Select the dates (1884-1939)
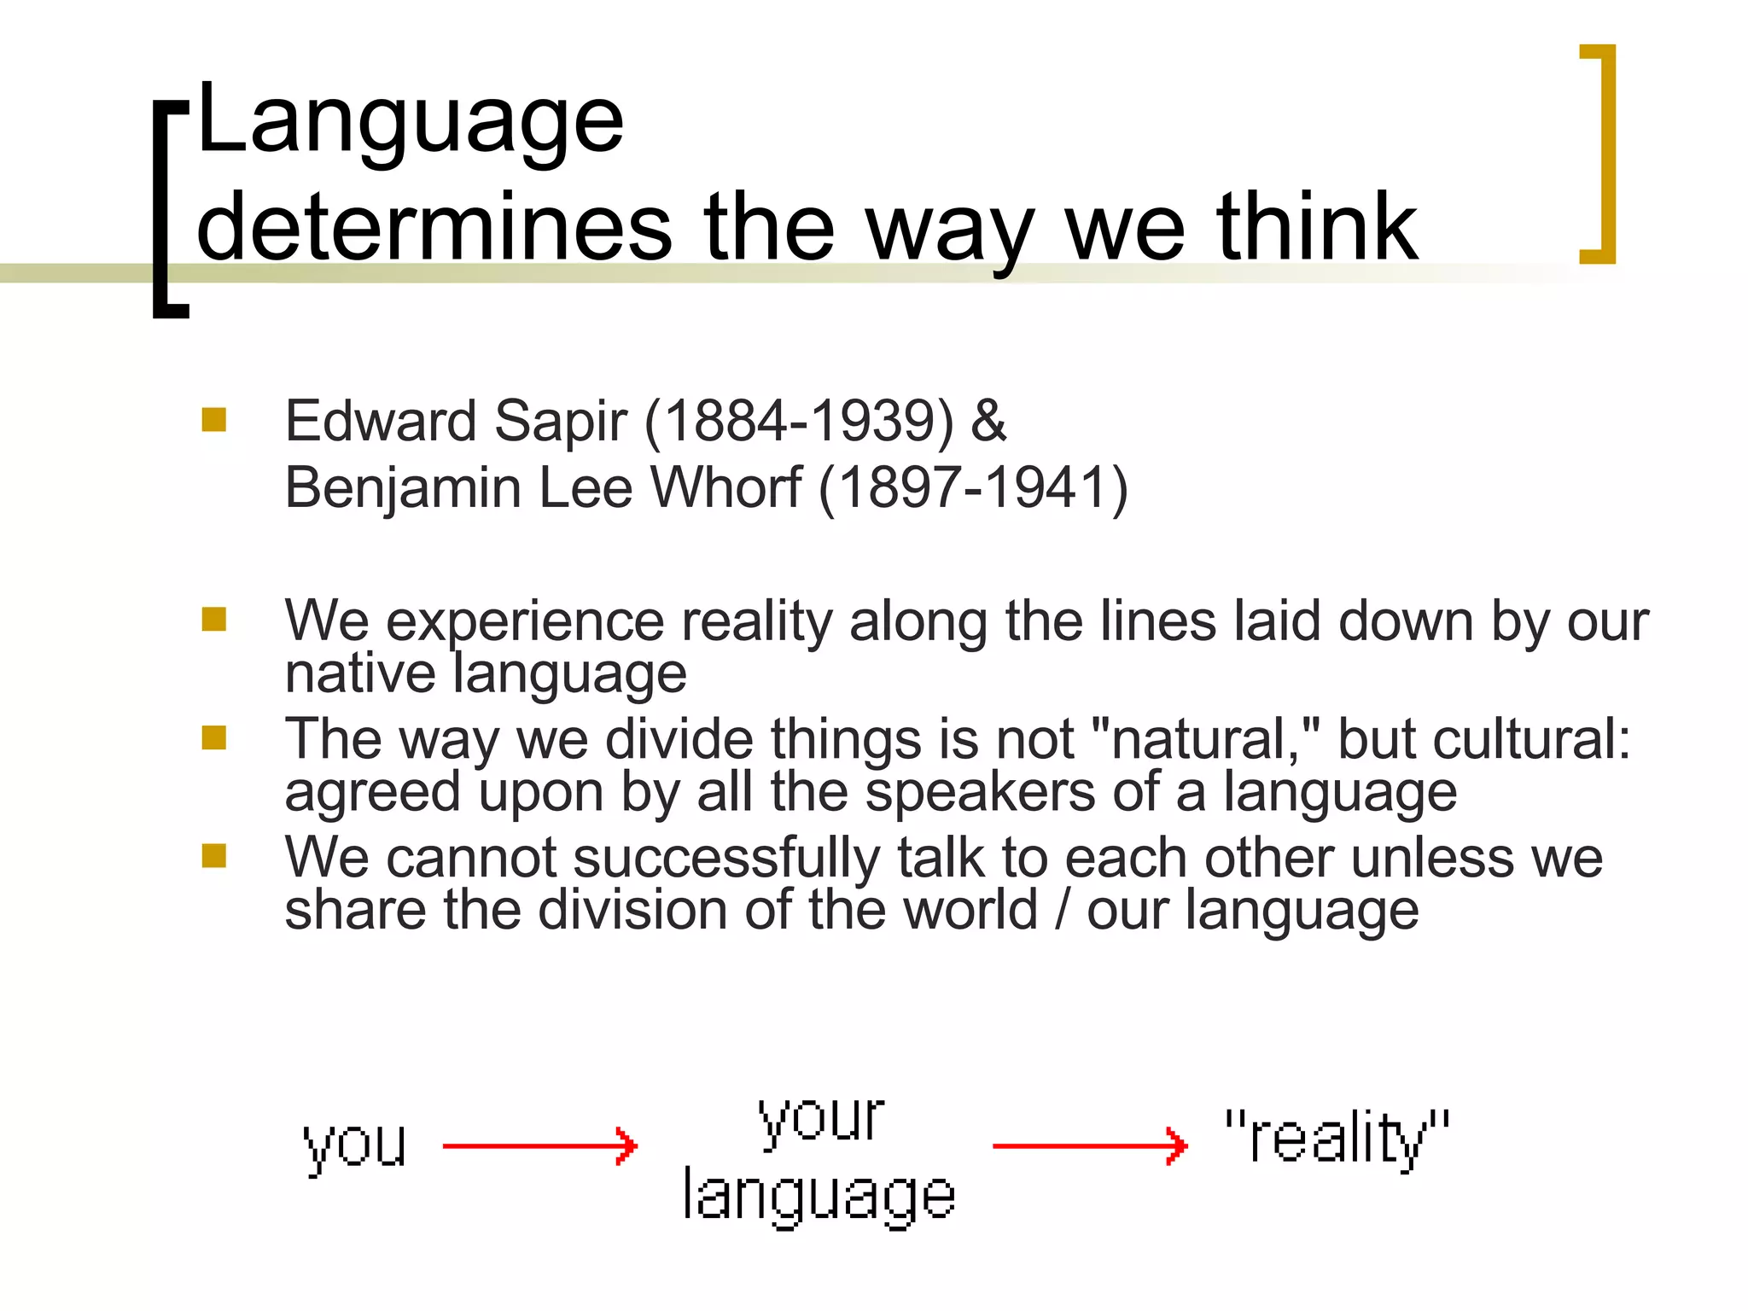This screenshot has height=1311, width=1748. click(x=799, y=421)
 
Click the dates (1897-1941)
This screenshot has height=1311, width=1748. click(x=973, y=487)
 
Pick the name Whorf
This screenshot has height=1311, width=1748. click(x=725, y=487)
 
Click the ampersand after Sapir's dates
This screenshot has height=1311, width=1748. click(x=988, y=421)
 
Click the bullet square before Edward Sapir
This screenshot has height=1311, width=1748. click(x=214, y=419)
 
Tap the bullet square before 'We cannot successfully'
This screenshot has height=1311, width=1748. click(x=214, y=855)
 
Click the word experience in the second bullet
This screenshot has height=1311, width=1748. click(x=525, y=621)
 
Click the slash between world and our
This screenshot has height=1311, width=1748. click(x=1062, y=910)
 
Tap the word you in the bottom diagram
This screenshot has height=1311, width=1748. click(x=354, y=1145)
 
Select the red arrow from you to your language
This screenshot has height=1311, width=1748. click(x=539, y=1145)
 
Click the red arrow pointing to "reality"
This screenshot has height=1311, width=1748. click(x=1089, y=1145)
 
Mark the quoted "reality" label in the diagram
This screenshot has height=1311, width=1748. click(x=1337, y=1139)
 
